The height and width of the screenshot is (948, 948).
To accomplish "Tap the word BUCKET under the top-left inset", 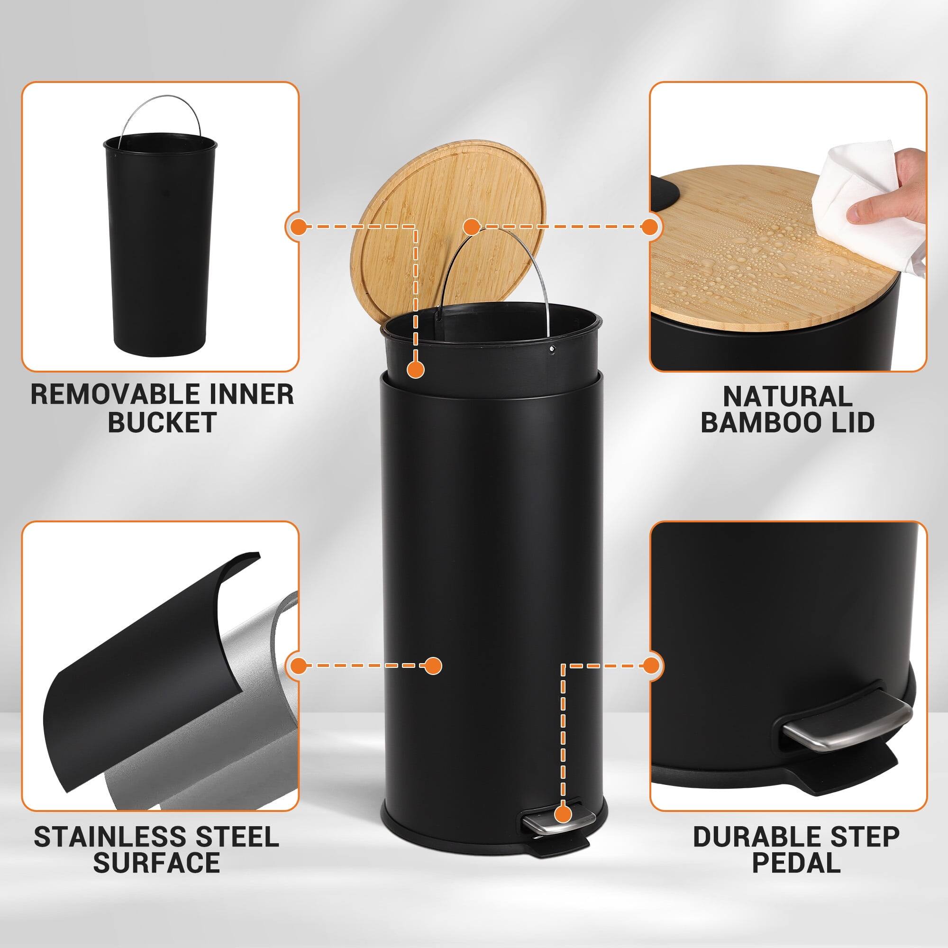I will (162, 422).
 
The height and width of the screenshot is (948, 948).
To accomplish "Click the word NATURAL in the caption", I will (787, 396).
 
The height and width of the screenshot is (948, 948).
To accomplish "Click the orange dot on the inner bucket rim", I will (416, 370).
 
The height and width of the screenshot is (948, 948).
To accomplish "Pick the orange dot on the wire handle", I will (471, 227).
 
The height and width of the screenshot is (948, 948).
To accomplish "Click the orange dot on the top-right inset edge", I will (650, 227).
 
